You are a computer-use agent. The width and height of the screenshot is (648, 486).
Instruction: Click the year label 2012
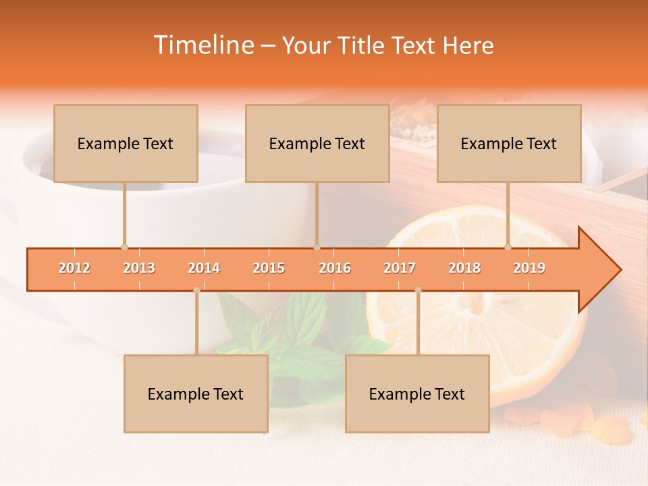pyautogui.click(x=74, y=268)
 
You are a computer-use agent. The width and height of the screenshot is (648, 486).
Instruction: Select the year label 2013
pyautogui.click(x=139, y=268)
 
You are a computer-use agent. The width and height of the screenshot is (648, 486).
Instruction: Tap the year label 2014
pyautogui.click(x=204, y=268)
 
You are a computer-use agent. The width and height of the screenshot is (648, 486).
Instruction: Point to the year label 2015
pyautogui.click(x=269, y=268)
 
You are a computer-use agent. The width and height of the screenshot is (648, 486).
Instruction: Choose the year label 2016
pyautogui.click(x=335, y=268)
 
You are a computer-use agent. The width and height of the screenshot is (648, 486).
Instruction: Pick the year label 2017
pyautogui.click(x=400, y=268)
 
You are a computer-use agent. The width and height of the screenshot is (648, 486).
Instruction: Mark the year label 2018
pyautogui.click(x=464, y=268)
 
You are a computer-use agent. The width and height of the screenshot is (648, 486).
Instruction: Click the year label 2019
pyautogui.click(x=529, y=268)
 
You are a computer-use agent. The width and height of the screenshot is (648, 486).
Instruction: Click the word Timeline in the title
pyautogui.click(x=203, y=45)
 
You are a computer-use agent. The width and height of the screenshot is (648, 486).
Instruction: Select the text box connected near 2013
pyautogui.click(x=126, y=143)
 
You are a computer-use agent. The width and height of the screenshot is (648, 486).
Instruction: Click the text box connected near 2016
pyautogui.click(x=317, y=143)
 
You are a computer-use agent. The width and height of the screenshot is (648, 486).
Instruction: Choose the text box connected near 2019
pyautogui.click(x=509, y=143)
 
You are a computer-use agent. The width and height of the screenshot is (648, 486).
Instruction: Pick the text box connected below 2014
pyautogui.click(x=196, y=394)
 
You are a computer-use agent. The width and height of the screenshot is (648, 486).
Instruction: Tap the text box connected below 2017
pyautogui.click(x=417, y=394)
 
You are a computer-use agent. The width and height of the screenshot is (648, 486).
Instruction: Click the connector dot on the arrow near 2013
pyautogui.click(x=124, y=247)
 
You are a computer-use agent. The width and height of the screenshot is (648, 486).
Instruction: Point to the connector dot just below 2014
pyautogui.click(x=196, y=290)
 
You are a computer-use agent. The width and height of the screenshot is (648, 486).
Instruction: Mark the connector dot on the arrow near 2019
pyautogui.click(x=508, y=247)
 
